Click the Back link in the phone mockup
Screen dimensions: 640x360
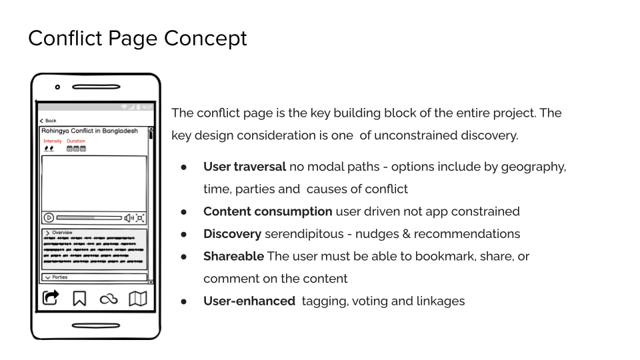(49, 121)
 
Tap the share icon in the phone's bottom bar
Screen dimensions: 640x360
(51, 298)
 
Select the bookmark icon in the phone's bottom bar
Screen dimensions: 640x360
(79, 299)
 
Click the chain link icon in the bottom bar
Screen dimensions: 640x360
(108, 299)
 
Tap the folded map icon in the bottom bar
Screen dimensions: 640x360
(137, 298)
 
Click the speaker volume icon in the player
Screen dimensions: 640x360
(129, 217)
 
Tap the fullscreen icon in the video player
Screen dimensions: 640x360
(140, 217)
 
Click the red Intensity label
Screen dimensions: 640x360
(52, 141)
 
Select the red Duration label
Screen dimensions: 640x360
(76, 141)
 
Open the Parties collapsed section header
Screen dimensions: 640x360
(60, 277)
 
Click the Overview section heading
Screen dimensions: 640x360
(61, 233)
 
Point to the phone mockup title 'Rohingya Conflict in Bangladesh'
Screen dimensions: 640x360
(89, 131)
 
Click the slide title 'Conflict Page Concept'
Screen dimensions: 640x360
(137, 38)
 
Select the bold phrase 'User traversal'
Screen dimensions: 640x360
(244, 167)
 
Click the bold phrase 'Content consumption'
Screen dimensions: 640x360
(267, 211)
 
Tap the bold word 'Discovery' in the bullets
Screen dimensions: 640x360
(232, 234)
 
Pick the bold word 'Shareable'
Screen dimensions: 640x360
(233, 256)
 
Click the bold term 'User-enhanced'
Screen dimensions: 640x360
(249, 301)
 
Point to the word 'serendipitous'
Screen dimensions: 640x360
(302, 234)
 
